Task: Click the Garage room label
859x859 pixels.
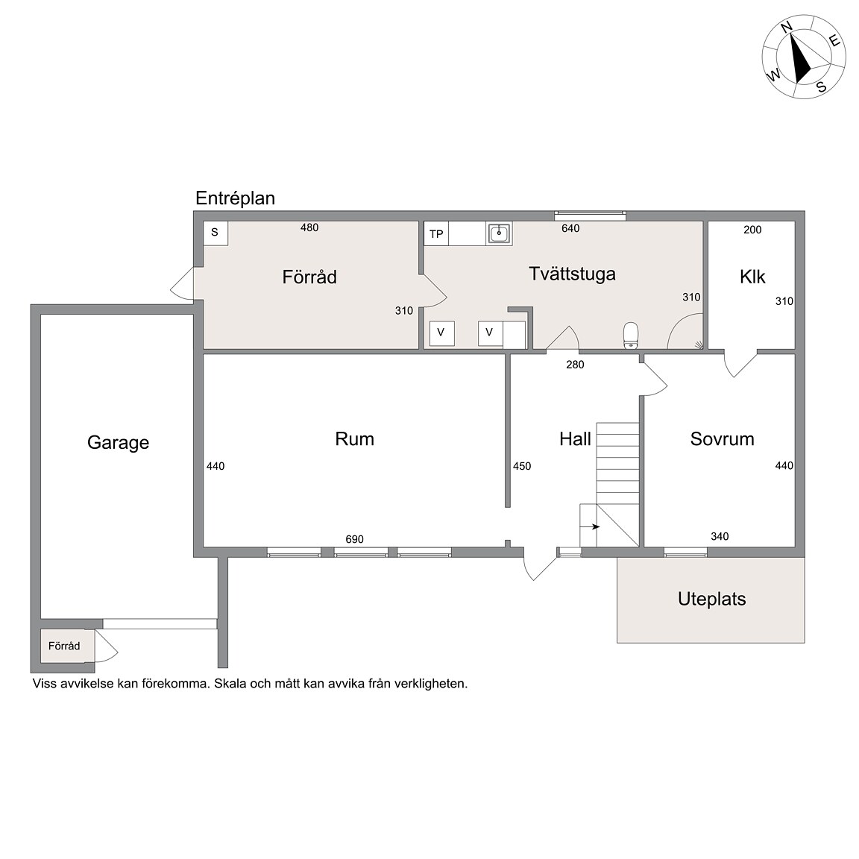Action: [118, 443]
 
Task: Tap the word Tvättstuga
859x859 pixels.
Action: [572, 274]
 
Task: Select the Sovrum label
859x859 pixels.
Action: [722, 438]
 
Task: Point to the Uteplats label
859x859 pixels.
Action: [711, 599]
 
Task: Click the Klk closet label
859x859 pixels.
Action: [752, 277]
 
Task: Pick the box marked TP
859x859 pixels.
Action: [437, 234]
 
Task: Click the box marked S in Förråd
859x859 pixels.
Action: [215, 233]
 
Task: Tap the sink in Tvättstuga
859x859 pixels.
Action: [499, 233]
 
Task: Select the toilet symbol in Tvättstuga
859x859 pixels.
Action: [631, 336]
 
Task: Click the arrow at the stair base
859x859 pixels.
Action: [591, 527]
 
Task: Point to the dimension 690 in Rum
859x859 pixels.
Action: [354, 539]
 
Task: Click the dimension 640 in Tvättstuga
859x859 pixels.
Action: [570, 228]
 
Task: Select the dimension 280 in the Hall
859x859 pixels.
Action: [575, 365]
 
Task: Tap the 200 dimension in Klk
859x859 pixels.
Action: [752, 230]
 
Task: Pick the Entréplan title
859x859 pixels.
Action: [235, 198]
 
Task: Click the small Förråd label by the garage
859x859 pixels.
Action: [64, 645]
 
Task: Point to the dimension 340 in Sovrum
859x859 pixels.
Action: [720, 536]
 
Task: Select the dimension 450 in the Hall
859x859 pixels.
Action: [522, 466]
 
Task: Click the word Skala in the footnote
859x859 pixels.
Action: [230, 684]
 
